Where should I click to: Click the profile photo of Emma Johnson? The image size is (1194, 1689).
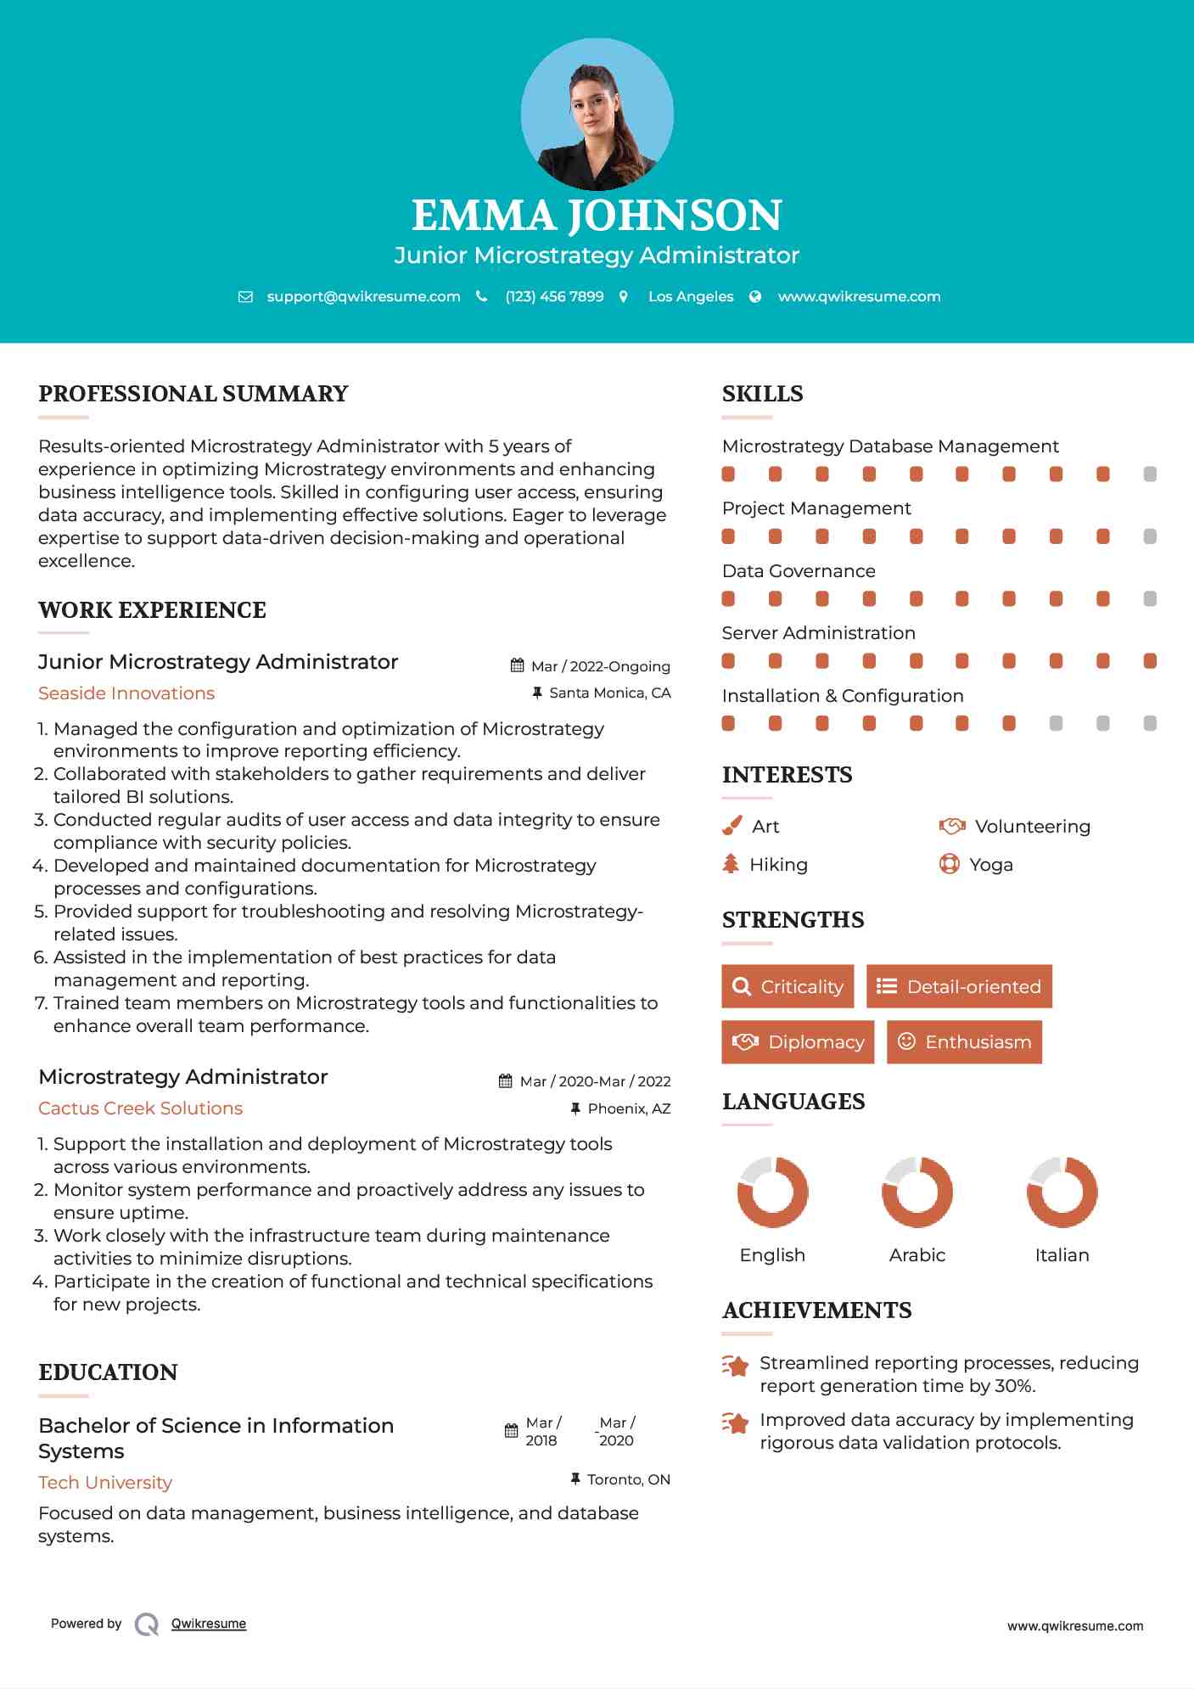coord(597,114)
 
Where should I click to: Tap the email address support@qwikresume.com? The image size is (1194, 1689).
coord(363,296)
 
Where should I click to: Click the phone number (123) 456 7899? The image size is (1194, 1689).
coord(554,296)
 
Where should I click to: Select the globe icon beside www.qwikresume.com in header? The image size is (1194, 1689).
coord(755,296)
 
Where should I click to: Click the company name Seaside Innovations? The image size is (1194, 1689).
coord(126,693)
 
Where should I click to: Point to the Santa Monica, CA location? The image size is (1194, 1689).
coord(609,693)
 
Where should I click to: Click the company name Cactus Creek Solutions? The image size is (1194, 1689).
coord(140,1108)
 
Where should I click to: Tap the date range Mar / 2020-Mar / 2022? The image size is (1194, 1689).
coord(594,1081)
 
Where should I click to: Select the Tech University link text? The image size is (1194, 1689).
coord(105,1483)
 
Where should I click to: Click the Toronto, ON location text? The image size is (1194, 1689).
coord(628,1479)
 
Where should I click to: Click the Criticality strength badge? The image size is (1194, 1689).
coord(788,986)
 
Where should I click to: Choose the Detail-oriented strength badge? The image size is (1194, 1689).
coord(959,986)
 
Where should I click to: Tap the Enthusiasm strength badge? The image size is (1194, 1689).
coord(964,1041)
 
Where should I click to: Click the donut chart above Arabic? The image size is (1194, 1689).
coord(917,1192)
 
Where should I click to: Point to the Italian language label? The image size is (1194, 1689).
coord(1062,1255)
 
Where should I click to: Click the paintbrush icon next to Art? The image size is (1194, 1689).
coord(732,826)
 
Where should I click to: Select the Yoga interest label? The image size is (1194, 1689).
coord(991,865)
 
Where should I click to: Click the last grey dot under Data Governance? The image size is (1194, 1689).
coord(1150,599)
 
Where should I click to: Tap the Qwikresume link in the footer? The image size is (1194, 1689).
coord(209,1624)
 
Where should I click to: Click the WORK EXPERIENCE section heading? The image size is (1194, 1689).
coord(152,610)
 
